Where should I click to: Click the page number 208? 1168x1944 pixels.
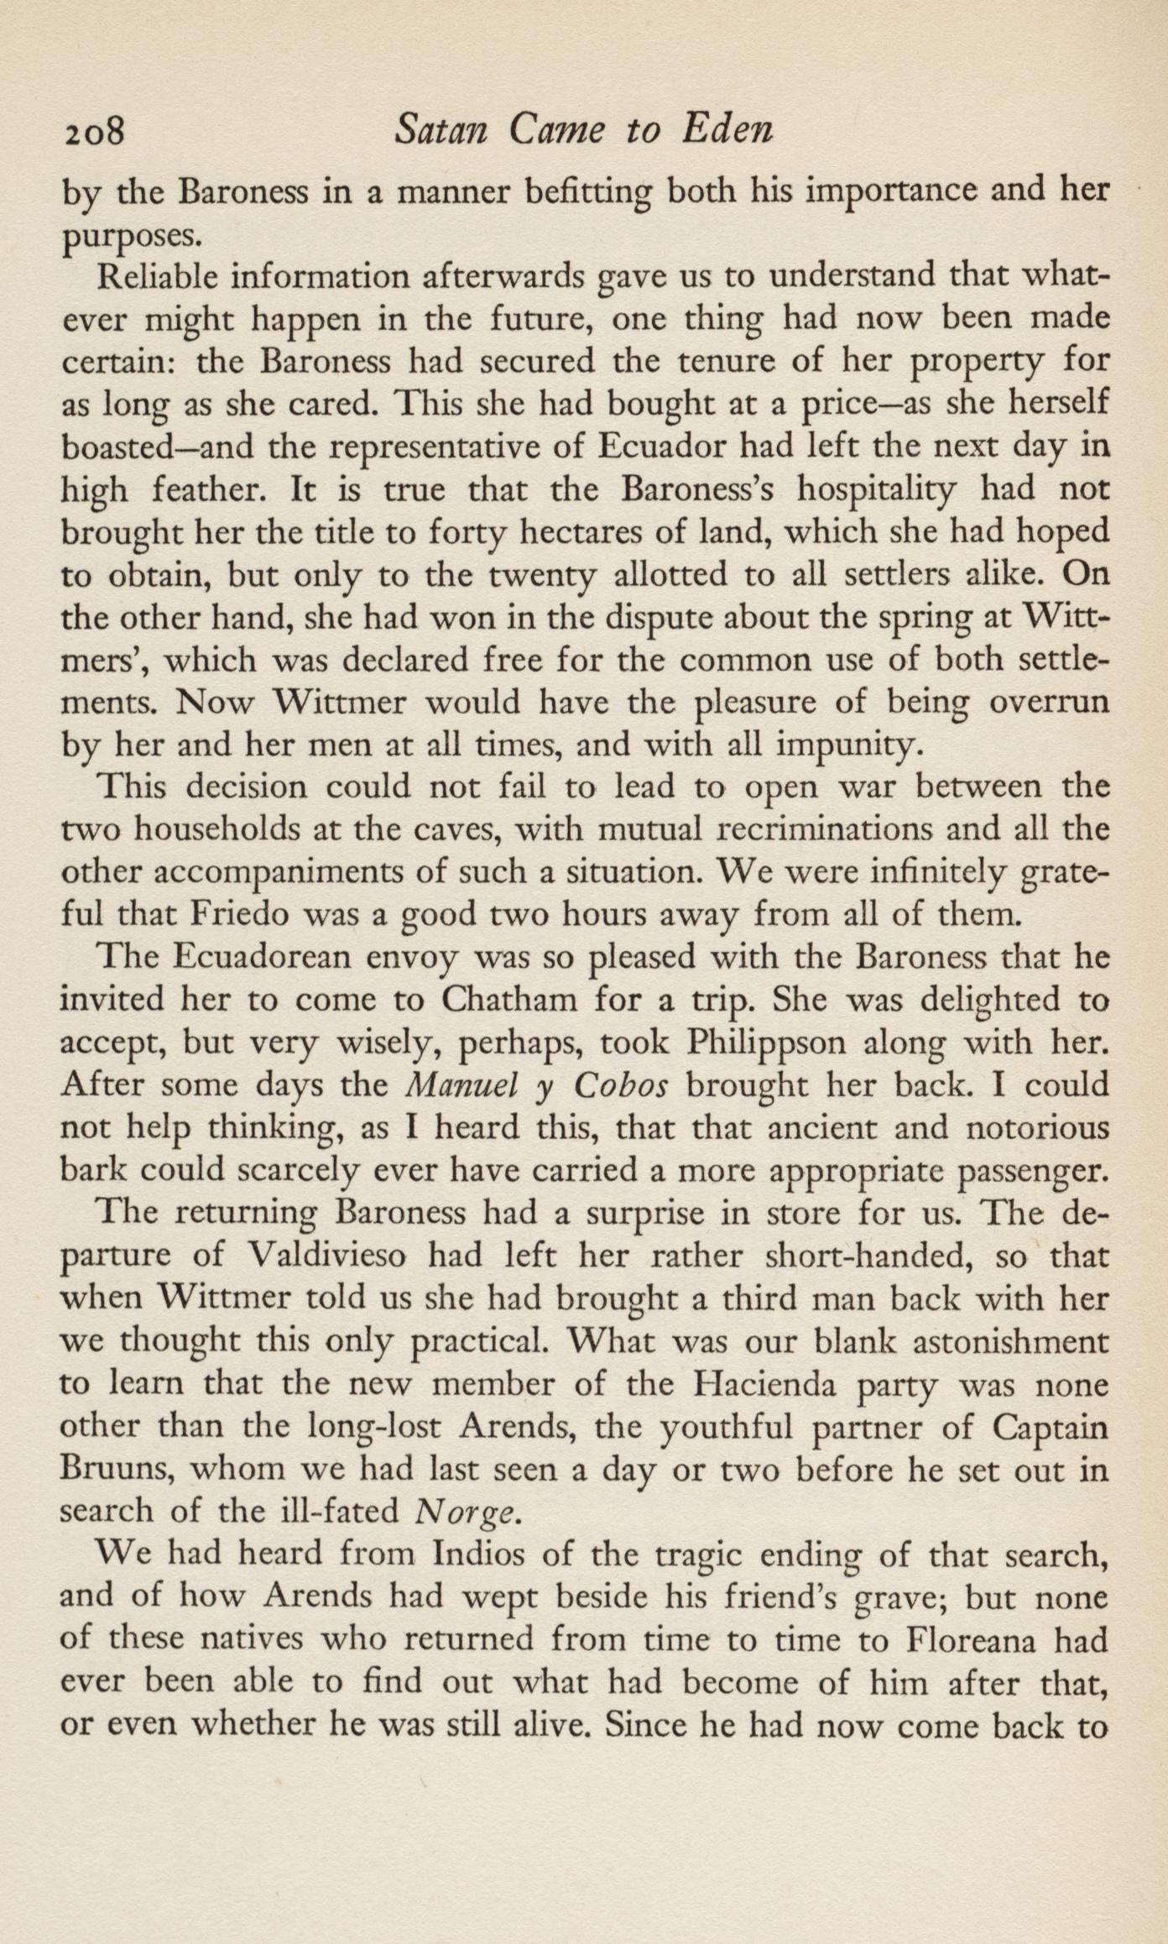point(93,132)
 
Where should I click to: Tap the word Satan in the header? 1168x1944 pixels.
point(440,130)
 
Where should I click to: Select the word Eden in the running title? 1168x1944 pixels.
point(726,130)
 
